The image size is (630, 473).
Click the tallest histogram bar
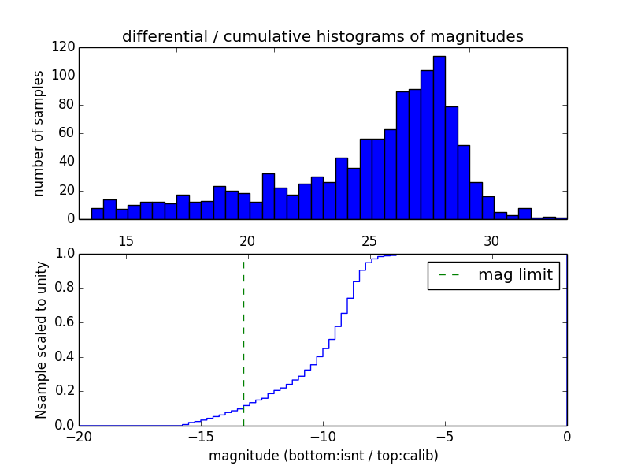[439, 138]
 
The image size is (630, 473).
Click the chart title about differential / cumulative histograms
[323, 36]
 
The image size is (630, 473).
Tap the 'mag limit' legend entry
[493, 275]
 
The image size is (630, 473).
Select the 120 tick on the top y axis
[64, 47]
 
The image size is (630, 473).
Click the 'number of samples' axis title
[39, 133]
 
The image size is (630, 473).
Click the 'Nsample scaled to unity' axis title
[42, 340]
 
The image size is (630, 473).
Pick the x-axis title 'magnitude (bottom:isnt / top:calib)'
[323, 456]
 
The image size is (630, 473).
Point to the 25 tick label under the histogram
[369, 240]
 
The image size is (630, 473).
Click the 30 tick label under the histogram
[491, 240]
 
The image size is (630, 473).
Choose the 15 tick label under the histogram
[125, 240]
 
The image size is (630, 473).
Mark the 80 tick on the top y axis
[67, 105]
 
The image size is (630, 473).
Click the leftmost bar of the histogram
[97, 214]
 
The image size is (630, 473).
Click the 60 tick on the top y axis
[67, 133]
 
